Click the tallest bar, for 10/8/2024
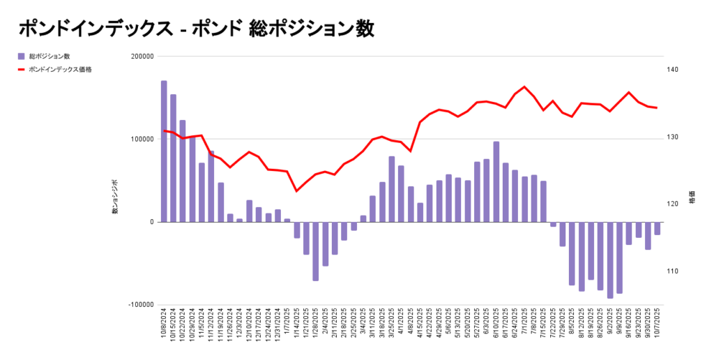click(x=164, y=151)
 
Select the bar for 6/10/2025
click(x=496, y=182)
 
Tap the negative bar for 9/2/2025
click(x=610, y=260)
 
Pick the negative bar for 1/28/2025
click(x=315, y=251)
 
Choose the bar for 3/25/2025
click(x=392, y=189)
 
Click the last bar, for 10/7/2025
click(x=658, y=228)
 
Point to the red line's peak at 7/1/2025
click(x=524, y=87)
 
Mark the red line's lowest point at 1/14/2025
click(x=296, y=191)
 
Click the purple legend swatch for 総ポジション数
click(x=21, y=56)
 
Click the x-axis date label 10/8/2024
click(x=165, y=324)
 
